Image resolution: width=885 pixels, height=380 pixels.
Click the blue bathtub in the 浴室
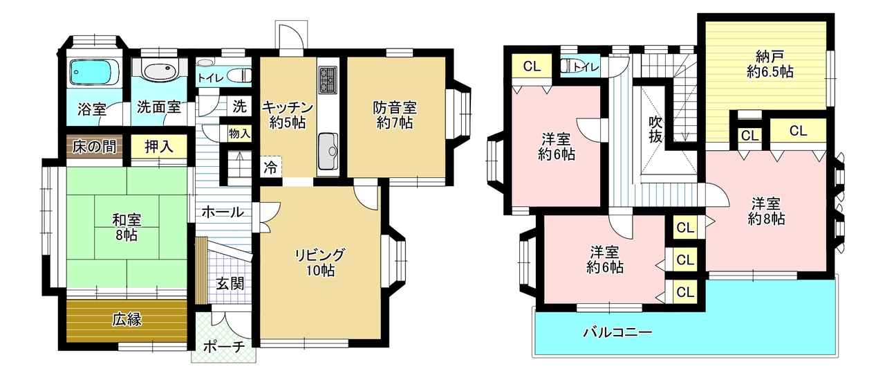click(95, 73)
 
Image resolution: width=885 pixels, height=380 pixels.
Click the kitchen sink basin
click(328, 151)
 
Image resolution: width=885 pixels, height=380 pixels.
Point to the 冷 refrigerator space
click(270, 166)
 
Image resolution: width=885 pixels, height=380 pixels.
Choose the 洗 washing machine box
click(239, 107)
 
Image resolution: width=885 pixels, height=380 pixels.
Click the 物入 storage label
click(239, 134)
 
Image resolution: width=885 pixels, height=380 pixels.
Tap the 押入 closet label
click(159, 147)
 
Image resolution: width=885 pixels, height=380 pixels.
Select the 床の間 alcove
click(94, 147)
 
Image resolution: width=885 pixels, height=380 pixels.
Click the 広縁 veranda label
click(127, 320)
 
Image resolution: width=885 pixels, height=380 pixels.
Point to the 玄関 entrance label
click(230, 284)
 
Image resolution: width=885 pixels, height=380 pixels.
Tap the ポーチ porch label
click(224, 347)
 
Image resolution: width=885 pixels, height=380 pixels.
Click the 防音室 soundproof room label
click(395, 115)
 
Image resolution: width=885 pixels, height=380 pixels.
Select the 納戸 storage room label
click(770, 64)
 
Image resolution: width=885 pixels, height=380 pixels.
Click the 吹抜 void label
click(655, 129)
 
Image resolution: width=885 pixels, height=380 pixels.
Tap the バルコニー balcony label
click(618, 332)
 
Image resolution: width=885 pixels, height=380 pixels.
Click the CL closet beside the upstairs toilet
click(532, 66)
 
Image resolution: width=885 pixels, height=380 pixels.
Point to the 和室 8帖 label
click(127, 227)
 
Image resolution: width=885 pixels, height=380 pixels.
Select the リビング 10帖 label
click(320, 262)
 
